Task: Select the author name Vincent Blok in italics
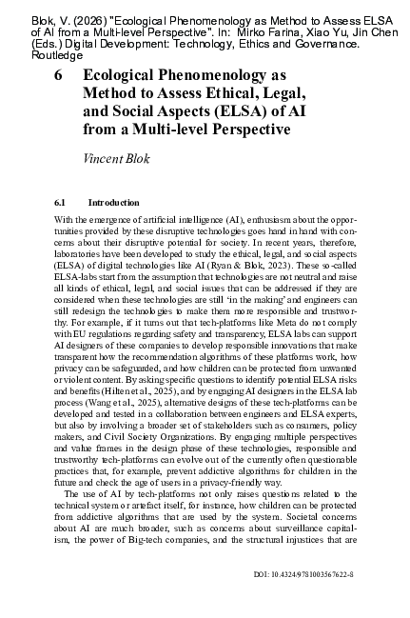click(111, 152)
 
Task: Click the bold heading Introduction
click(113, 203)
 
